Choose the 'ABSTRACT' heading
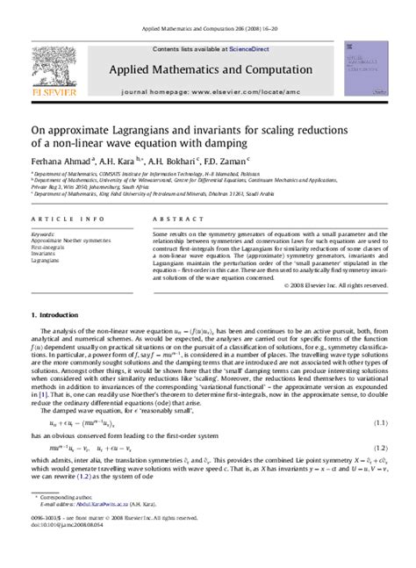(172, 220)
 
